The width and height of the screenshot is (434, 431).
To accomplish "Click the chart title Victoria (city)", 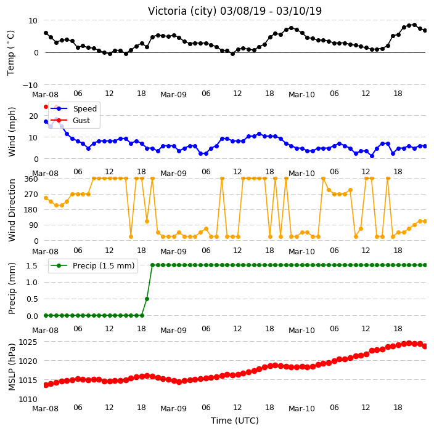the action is click(x=182, y=11).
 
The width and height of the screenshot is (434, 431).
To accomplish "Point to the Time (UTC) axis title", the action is click(x=235, y=421).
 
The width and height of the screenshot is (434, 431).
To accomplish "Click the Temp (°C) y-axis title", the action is click(x=10, y=53).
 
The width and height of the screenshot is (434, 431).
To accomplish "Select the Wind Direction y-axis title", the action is click(x=12, y=210).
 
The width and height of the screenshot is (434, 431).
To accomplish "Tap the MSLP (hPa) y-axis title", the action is click(x=12, y=367).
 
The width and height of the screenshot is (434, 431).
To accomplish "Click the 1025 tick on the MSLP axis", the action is click(x=28, y=342).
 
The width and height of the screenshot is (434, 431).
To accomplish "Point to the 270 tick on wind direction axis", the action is click(x=31, y=195).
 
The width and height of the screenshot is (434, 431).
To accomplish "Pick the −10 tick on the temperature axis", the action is click(x=30, y=85).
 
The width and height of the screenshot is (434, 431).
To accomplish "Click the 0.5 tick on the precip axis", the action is click(x=32, y=299).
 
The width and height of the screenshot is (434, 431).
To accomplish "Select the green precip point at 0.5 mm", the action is click(x=147, y=299).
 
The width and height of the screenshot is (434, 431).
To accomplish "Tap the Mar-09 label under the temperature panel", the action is click(x=174, y=95).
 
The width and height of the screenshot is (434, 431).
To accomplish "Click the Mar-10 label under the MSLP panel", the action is click(x=301, y=409).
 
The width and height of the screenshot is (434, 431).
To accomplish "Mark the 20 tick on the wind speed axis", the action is click(x=33, y=116).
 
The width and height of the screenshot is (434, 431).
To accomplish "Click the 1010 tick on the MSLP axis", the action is click(x=28, y=400).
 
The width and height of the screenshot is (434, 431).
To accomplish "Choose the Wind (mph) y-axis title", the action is click(x=12, y=132).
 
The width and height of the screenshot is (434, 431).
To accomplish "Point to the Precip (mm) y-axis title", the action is click(x=12, y=288).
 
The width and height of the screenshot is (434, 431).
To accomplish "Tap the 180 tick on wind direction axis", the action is click(x=31, y=210).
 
